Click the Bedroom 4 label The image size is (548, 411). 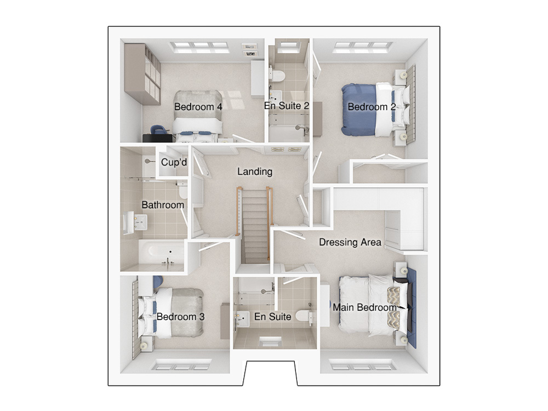click(x=198, y=107)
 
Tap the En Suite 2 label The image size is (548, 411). click(x=287, y=106)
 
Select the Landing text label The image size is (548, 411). click(x=255, y=172)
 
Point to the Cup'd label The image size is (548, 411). click(x=174, y=162)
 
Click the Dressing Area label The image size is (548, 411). click(x=350, y=242)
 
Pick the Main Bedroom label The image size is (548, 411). click(x=364, y=307)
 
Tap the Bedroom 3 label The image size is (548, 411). click(x=180, y=317)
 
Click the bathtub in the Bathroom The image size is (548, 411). click(x=162, y=252)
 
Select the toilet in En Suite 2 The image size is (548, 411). click(x=278, y=76)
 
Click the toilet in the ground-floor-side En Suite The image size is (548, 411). click(x=304, y=316)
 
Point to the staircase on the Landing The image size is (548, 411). click(x=255, y=225)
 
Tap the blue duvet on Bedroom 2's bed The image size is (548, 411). click(x=358, y=110)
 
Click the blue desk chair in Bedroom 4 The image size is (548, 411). click(x=159, y=130)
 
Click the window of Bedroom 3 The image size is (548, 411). click(x=181, y=366)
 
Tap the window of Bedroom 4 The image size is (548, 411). click(x=200, y=48)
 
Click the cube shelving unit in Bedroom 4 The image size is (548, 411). click(x=142, y=74)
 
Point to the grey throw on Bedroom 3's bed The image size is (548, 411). click(x=187, y=313)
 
